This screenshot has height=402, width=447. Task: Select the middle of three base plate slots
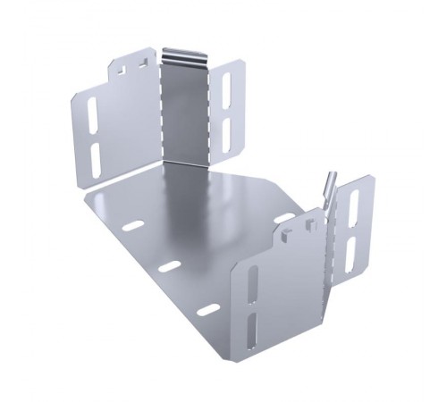pyautogui.click(x=170, y=266)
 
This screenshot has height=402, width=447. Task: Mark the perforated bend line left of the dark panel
pyautogui.click(x=160, y=107)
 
